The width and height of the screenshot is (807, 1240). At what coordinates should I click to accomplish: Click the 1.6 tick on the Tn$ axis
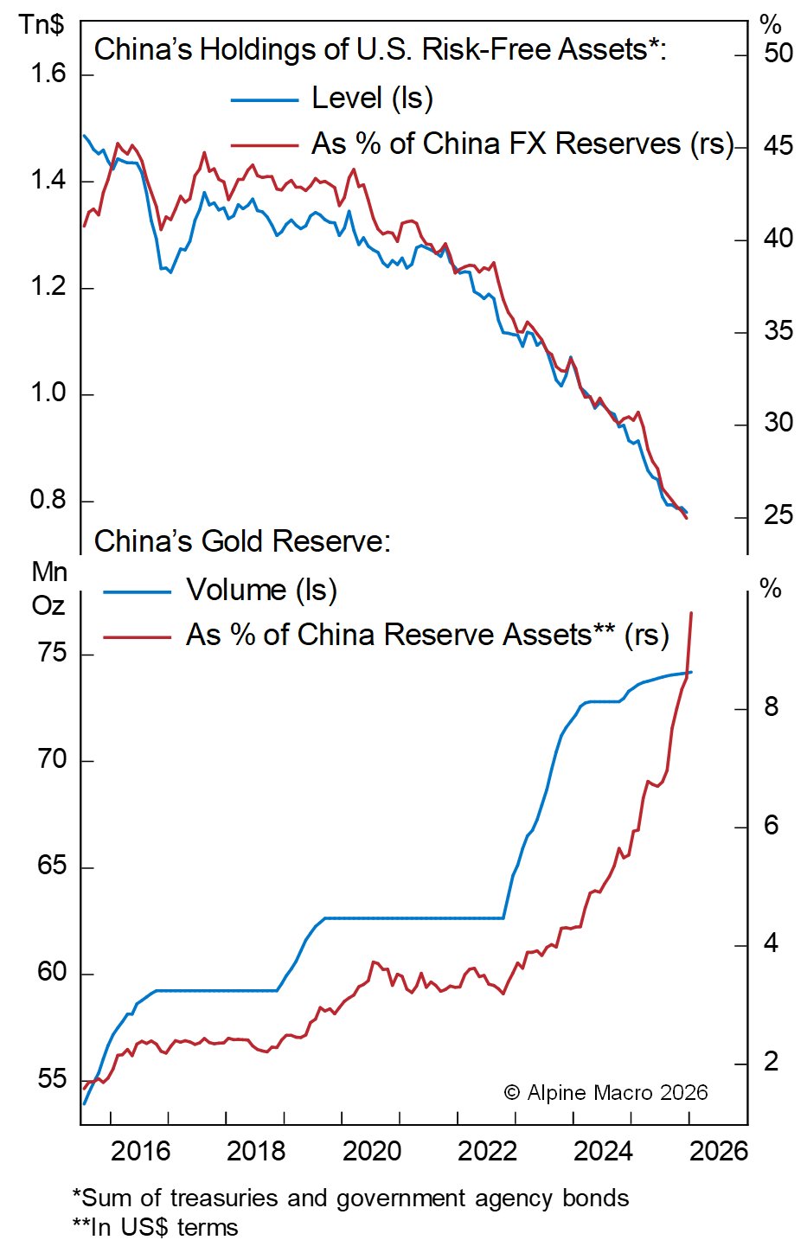tap(48, 74)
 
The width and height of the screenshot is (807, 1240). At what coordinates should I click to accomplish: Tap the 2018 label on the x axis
tap(255, 1151)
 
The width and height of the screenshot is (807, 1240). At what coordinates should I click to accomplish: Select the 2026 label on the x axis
tap(719, 1151)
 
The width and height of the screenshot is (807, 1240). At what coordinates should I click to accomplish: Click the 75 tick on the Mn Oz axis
tap(52, 653)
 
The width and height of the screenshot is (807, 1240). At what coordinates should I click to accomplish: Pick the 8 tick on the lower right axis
tap(771, 708)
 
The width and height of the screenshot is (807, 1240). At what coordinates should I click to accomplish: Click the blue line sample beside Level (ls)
tap(264, 100)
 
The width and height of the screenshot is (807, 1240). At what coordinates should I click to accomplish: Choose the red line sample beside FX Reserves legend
tap(264, 145)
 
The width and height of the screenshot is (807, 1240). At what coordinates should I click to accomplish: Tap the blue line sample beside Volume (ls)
tap(137, 592)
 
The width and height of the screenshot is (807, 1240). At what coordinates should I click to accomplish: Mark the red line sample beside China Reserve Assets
tap(137, 637)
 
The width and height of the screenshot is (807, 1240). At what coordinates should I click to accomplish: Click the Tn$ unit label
tap(42, 23)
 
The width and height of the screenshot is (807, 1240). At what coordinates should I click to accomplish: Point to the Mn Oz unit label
tap(49, 588)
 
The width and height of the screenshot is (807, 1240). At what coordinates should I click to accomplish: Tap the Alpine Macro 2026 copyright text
tap(605, 1093)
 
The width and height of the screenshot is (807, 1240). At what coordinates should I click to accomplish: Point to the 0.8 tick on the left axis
tap(48, 500)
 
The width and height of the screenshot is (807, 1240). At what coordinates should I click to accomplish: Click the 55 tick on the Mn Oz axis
tap(52, 1078)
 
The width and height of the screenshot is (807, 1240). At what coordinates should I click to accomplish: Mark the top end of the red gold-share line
tap(691, 613)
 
